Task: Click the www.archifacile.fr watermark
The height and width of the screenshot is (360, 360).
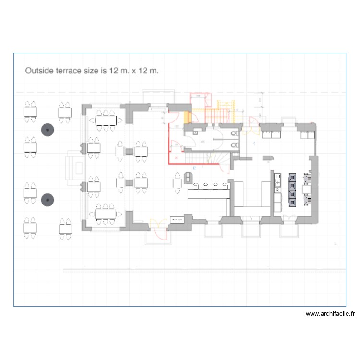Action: point(330,314)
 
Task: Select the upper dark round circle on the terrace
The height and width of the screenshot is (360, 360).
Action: point(47,130)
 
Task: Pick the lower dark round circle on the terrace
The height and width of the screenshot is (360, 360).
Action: point(47,200)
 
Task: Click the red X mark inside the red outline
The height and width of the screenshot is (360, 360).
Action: point(176,157)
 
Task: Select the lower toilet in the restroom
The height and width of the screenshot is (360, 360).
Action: point(234,145)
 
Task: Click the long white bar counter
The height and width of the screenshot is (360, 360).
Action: point(207,193)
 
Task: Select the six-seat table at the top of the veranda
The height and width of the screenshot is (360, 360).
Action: point(106,120)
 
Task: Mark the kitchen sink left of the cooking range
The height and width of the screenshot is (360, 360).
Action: point(277,180)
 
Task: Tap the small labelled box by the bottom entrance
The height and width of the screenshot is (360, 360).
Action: point(177,219)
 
